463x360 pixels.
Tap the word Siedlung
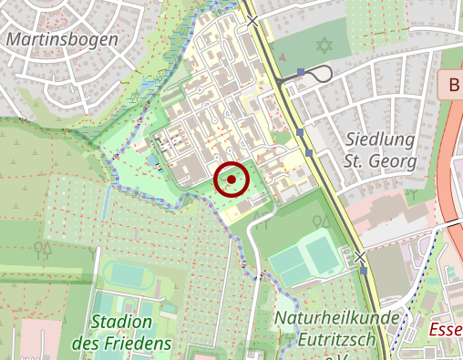381,139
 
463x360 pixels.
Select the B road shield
453,87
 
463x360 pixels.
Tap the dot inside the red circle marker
231,180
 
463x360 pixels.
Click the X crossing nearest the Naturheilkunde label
361,258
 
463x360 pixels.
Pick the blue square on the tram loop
301,70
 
